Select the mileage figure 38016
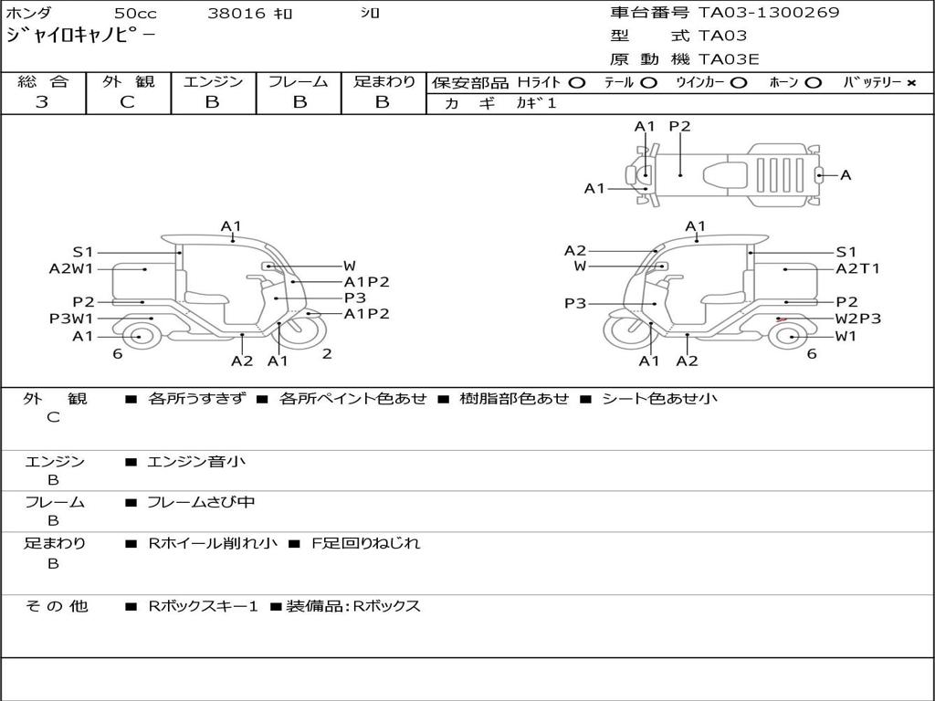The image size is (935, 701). tap(236, 14)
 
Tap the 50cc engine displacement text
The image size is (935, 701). tap(133, 14)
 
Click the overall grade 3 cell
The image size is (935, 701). tap(42, 102)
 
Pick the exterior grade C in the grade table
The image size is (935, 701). tap(128, 102)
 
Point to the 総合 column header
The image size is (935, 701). tap(42, 82)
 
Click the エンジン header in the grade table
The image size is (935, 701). tap(213, 82)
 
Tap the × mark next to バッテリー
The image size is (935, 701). tap(910, 83)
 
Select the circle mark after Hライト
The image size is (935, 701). tap(576, 83)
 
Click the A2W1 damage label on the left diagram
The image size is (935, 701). tap(71, 268)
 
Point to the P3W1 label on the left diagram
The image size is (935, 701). tap(71, 319)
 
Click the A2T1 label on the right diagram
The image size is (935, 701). tap(857, 268)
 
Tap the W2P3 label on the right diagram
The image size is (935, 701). tap(858, 319)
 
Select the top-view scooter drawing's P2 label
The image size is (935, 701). tap(679, 127)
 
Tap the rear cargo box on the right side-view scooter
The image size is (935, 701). tap(783, 282)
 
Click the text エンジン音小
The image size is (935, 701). tap(196, 462)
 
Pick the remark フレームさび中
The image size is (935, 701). tap(201, 502)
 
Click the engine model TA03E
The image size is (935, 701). tap(729, 60)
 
